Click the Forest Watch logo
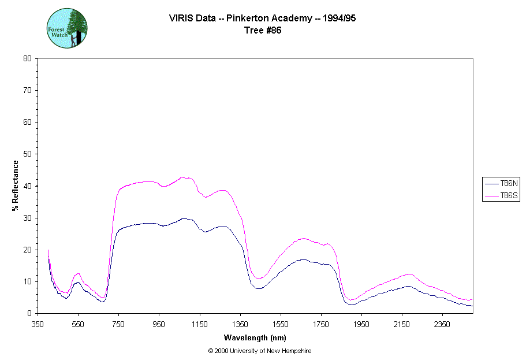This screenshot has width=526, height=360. (67, 28)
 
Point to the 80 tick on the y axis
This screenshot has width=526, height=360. (38, 58)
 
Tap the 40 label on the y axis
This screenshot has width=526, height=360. (27, 186)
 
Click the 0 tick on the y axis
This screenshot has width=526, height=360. (38, 313)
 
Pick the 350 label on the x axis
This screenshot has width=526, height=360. (38, 324)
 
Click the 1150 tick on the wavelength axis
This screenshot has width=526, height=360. (200, 313)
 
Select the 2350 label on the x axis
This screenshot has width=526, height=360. (442, 324)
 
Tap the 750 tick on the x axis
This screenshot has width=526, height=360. (118, 313)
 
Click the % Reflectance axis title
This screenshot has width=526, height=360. (16, 185)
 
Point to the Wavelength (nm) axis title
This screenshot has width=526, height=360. (256, 338)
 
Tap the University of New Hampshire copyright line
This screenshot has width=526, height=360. (259, 351)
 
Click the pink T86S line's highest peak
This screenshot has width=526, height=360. (181, 177)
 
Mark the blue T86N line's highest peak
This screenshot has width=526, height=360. (184, 218)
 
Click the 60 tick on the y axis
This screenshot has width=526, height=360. (38, 122)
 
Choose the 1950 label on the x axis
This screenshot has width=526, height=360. (361, 324)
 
